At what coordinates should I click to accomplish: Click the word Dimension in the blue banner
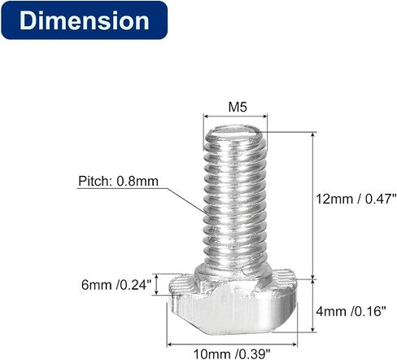tap(84, 20)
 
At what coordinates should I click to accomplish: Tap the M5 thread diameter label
tap(238, 107)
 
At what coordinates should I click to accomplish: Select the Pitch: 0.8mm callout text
tap(118, 181)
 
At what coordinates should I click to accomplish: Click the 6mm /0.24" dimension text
tap(116, 285)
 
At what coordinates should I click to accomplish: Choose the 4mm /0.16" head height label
tap(351, 311)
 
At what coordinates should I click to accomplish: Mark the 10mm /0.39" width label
tap(232, 354)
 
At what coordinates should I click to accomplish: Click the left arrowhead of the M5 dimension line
tap(206, 116)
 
